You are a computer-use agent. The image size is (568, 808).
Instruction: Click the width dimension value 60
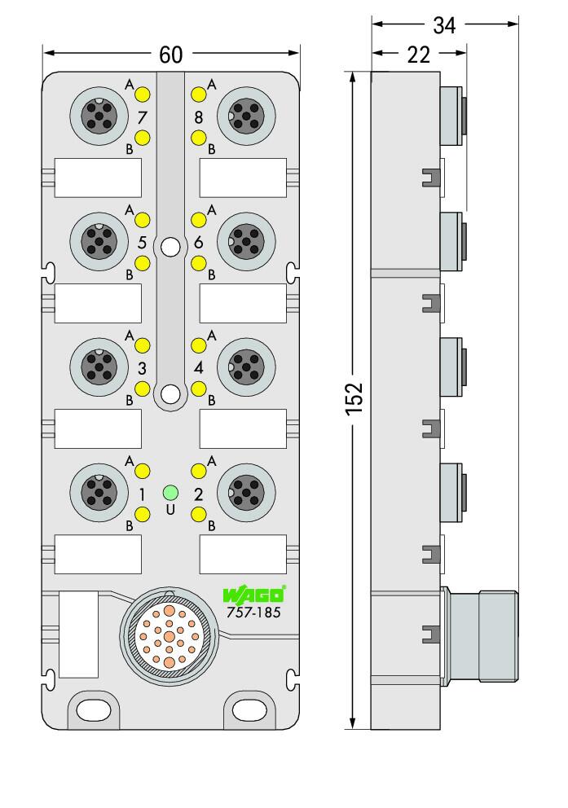click(170, 54)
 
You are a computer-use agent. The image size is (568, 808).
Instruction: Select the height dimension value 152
click(354, 398)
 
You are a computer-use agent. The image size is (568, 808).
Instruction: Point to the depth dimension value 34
click(444, 24)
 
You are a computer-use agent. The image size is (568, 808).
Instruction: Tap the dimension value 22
click(418, 54)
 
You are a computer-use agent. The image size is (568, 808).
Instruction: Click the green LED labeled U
click(170, 493)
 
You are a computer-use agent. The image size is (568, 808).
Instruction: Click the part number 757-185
click(253, 613)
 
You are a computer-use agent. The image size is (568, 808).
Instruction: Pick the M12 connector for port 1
click(99, 493)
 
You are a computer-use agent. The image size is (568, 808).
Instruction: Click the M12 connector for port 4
click(246, 367)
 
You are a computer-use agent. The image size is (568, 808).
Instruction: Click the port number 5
click(142, 242)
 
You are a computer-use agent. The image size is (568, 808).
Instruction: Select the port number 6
click(199, 242)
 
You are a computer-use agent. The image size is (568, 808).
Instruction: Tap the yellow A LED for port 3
click(143, 345)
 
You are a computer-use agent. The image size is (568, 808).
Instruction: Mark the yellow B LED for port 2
click(199, 514)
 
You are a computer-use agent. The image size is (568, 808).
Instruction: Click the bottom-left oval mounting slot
click(93, 710)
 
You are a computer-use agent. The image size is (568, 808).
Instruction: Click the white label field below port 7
click(98, 178)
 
